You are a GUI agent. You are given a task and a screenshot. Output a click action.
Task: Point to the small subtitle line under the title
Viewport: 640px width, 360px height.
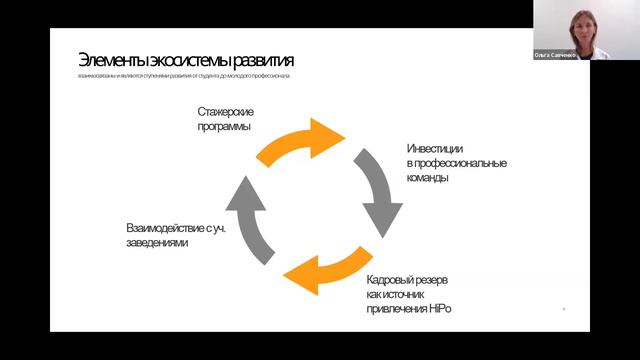tap(185, 77)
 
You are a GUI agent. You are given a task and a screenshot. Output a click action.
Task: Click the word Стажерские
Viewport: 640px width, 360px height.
tap(225, 112)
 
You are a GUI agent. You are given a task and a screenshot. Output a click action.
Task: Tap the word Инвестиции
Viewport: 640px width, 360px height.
tap(435, 148)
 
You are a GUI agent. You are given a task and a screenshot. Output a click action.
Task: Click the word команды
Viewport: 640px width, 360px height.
tap(428, 178)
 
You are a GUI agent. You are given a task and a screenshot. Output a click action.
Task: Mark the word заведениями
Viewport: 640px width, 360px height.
tap(157, 243)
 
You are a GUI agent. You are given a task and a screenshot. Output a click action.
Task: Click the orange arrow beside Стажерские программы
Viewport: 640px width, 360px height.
tap(301, 141)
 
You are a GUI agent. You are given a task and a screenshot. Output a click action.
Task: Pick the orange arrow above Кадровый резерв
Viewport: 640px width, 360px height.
tap(322, 268)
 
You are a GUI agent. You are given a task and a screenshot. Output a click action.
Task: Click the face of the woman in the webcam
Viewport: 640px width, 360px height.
tap(582, 22)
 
